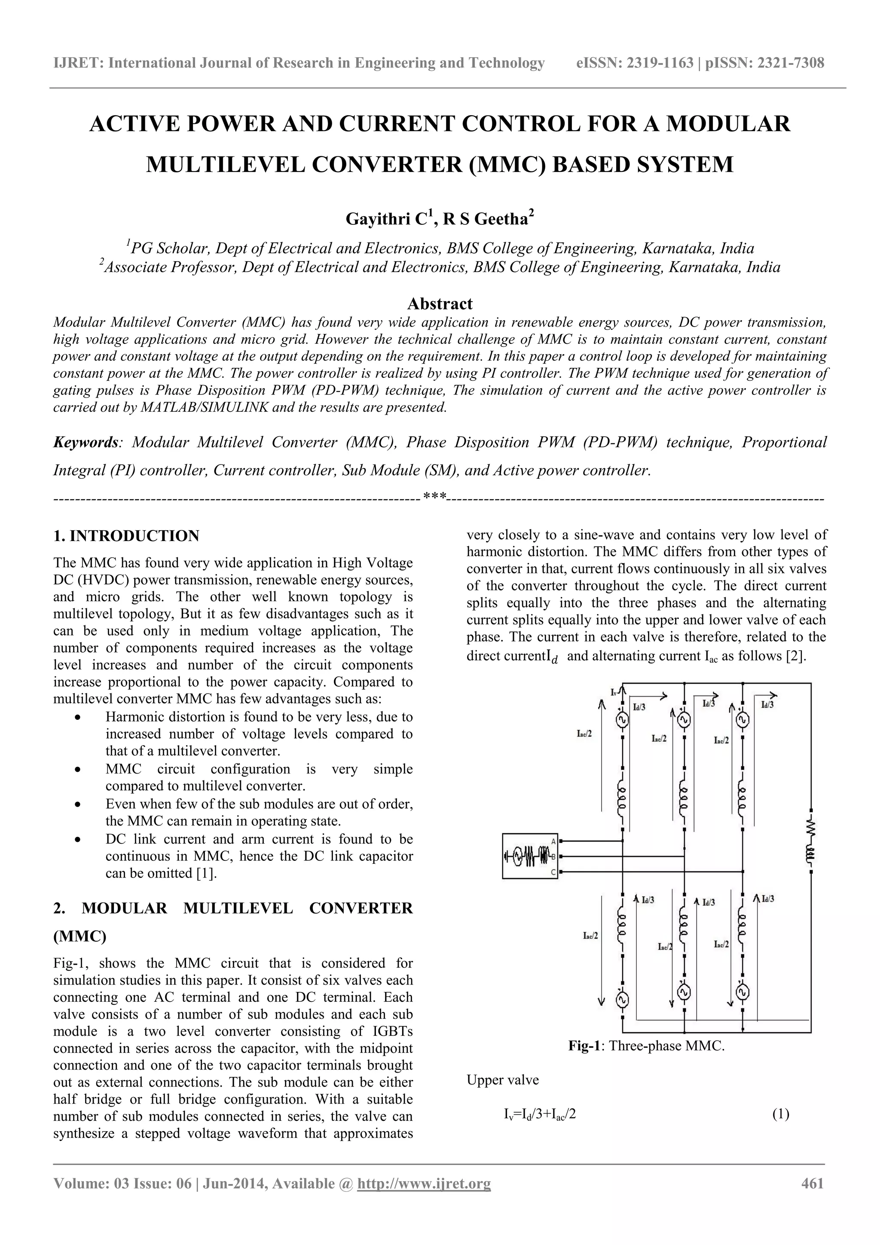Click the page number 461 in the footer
click(x=812, y=1183)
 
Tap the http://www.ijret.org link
click(x=424, y=1183)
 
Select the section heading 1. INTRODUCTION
click(x=126, y=536)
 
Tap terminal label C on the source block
click(x=553, y=872)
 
